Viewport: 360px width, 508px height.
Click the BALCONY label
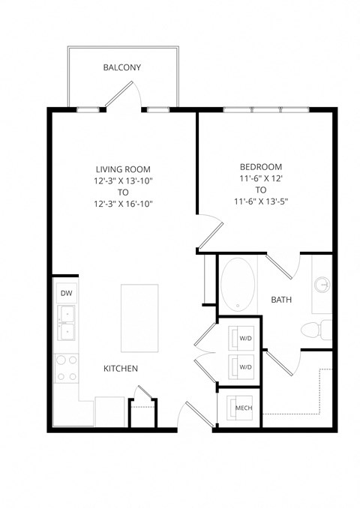[x=121, y=67]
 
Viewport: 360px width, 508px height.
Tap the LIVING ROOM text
[x=125, y=169]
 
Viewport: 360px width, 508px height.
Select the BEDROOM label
[x=260, y=166]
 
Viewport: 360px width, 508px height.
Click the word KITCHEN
[x=121, y=369]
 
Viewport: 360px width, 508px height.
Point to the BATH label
[x=281, y=300]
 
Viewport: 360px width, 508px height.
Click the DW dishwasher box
[x=65, y=294]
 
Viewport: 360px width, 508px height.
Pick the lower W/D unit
[x=244, y=366]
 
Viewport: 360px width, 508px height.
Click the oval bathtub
[x=238, y=285]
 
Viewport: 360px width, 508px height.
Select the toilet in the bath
[x=316, y=330]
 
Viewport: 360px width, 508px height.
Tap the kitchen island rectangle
[x=139, y=318]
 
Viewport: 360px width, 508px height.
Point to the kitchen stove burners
[x=66, y=367]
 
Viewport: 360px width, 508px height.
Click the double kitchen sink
[x=66, y=323]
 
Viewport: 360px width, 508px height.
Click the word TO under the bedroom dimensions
[x=260, y=190]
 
